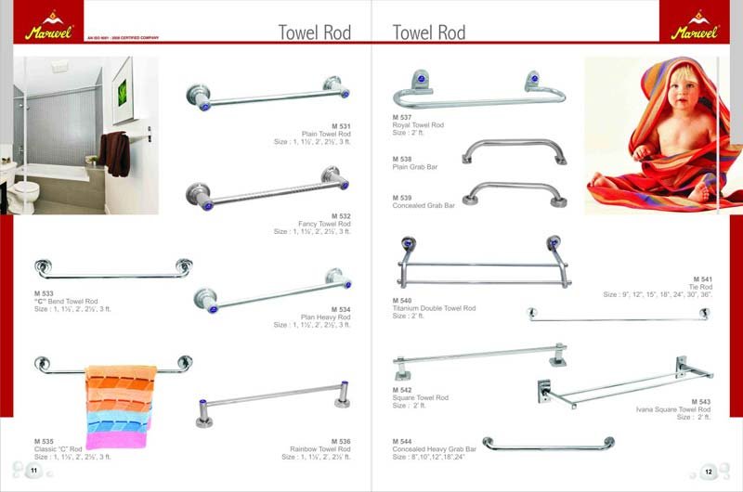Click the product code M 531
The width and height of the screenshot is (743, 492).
[x=341, y=125]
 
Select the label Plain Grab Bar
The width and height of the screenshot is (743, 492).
[x=415, y=166]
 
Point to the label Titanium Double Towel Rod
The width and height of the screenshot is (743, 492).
[x=435, y=308]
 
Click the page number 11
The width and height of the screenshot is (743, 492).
[x=33, y=471]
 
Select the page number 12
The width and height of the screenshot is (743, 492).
[x=708, y=471]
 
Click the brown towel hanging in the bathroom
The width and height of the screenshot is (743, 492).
[x=116, y=152]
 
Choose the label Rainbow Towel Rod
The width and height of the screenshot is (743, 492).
[x=319, y=449]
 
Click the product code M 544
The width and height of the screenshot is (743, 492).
[x=402, y=441]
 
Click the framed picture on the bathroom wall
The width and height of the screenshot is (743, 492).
[x=120, y=95]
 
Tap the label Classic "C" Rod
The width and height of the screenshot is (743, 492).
[x=59, y=449]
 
